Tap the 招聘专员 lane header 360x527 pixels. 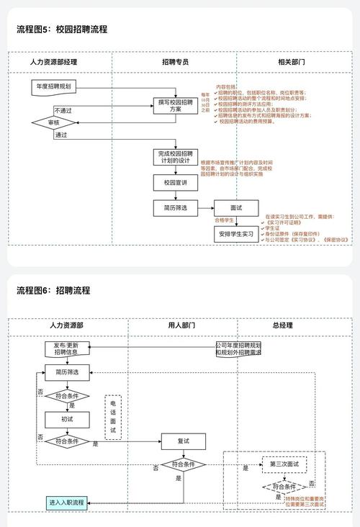[175, 63]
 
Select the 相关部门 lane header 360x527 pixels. [291, 63]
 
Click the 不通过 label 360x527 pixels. [63, 110]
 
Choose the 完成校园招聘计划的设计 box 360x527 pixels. [175, 158]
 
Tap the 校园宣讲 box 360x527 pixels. [175, 183]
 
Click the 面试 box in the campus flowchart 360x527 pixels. [235, 207]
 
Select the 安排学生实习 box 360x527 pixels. [235, 234]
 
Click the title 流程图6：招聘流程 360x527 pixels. [53, 290]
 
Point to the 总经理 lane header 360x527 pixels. [282, 326]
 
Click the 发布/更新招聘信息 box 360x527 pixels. [66, 349]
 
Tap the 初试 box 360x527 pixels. [66, 418]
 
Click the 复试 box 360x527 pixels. [184, 441]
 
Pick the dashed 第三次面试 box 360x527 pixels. [284, 464]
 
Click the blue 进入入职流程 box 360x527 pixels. [66, 502]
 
